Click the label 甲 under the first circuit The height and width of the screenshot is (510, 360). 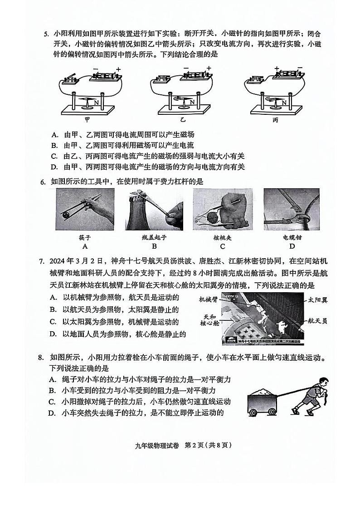88,120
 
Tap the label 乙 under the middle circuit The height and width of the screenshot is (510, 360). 183,120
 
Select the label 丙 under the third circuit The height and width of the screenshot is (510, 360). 275,120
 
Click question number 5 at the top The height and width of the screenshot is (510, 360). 45,34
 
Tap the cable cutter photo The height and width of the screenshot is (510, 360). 292,209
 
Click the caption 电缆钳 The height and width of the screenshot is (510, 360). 292,237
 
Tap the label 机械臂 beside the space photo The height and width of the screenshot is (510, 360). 209,299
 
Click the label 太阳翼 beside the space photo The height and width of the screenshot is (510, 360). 318,300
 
